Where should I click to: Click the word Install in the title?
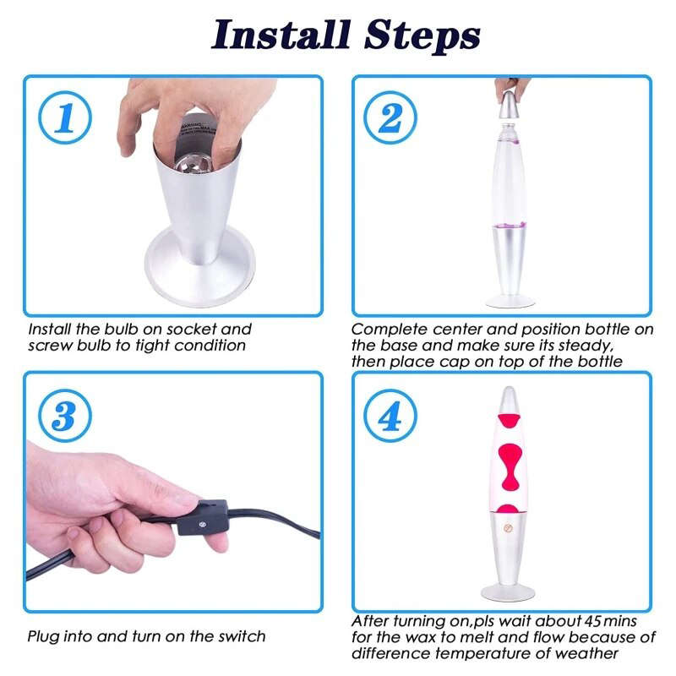(x=281, y=35)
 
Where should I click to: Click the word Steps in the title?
(x=422, y=36)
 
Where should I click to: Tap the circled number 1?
(x=65, y=117)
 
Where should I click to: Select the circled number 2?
(x=390, y=117)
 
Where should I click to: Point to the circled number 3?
(x=65, y=416)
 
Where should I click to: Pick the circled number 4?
(x=390, y=416)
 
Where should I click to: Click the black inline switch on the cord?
(x=202, y=517)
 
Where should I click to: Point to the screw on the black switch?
(x=202, y=524)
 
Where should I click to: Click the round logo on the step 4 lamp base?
(x=509, y=527)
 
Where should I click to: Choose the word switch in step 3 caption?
(x=242, y=636)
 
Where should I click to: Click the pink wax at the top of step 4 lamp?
(x=510, y=420)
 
